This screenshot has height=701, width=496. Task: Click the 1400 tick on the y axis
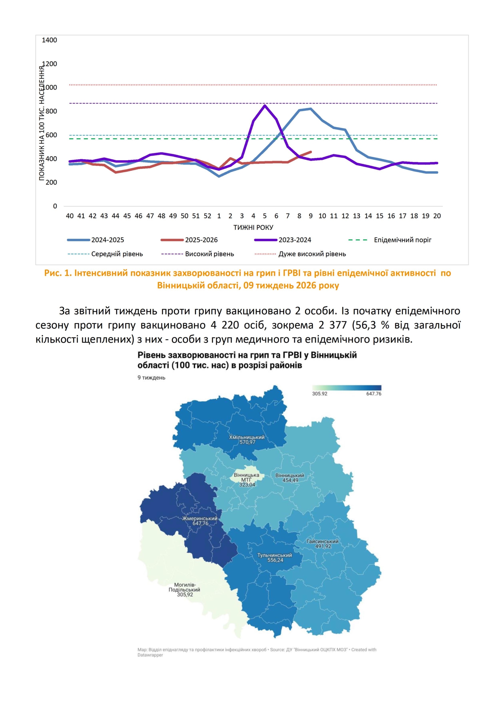click(x=49, y=40)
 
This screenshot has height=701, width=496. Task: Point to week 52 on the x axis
click(x=207, y=216)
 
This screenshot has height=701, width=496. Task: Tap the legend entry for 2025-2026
click(x=201, y=240)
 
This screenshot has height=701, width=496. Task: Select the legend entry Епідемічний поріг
click(x=402, y=240)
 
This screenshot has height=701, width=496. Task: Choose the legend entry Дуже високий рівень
click(x=312, y=254)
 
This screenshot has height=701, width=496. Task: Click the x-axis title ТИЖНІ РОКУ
click(x=253, y=227)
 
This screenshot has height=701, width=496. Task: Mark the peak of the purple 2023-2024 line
click(x=264, y=106)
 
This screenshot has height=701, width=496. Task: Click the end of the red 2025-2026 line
click(x=311, y=152)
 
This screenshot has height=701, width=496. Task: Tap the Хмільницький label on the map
click(x=246, y=437)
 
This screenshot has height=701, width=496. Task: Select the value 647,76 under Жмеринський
click(x=200, y=523)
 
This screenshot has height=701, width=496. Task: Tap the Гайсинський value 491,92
click(x=323, y=546)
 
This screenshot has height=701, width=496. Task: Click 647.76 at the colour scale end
click(x=374, y=394)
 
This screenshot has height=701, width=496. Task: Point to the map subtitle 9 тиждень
click(x=151, y=378)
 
